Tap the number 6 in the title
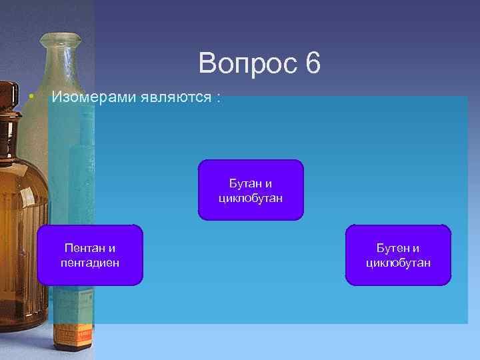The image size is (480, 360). [313, 64]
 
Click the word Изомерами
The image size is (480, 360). [93, 97]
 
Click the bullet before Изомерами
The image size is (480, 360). [31, 97]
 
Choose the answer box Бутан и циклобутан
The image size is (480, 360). [251, 190]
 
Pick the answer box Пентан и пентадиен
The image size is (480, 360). [90, 255]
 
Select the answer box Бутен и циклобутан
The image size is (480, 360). [398, 255]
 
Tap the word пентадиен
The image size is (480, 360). [90, 263]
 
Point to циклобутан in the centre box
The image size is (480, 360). [251, 197]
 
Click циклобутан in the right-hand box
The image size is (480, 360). [398, 263]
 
